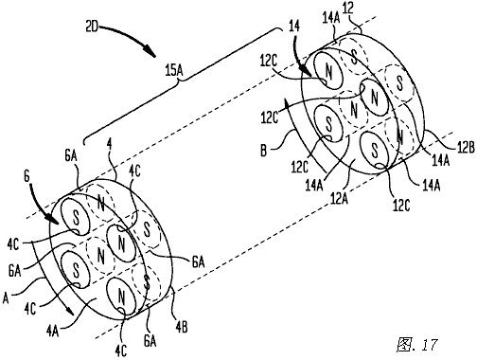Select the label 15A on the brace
pyautogui.click(x=174, y=71)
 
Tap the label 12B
pyautogui.click(x=465, y=147)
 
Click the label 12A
pyautogui.click(x=339, y=198)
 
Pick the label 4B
pyautogui.click(x=182, y=327)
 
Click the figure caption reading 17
pyautogui.click(x=430, y=345)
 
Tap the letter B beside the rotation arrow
pyautogui.click(x=264, y=151)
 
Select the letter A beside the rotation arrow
pyautogui.click(x=6, y=297)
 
